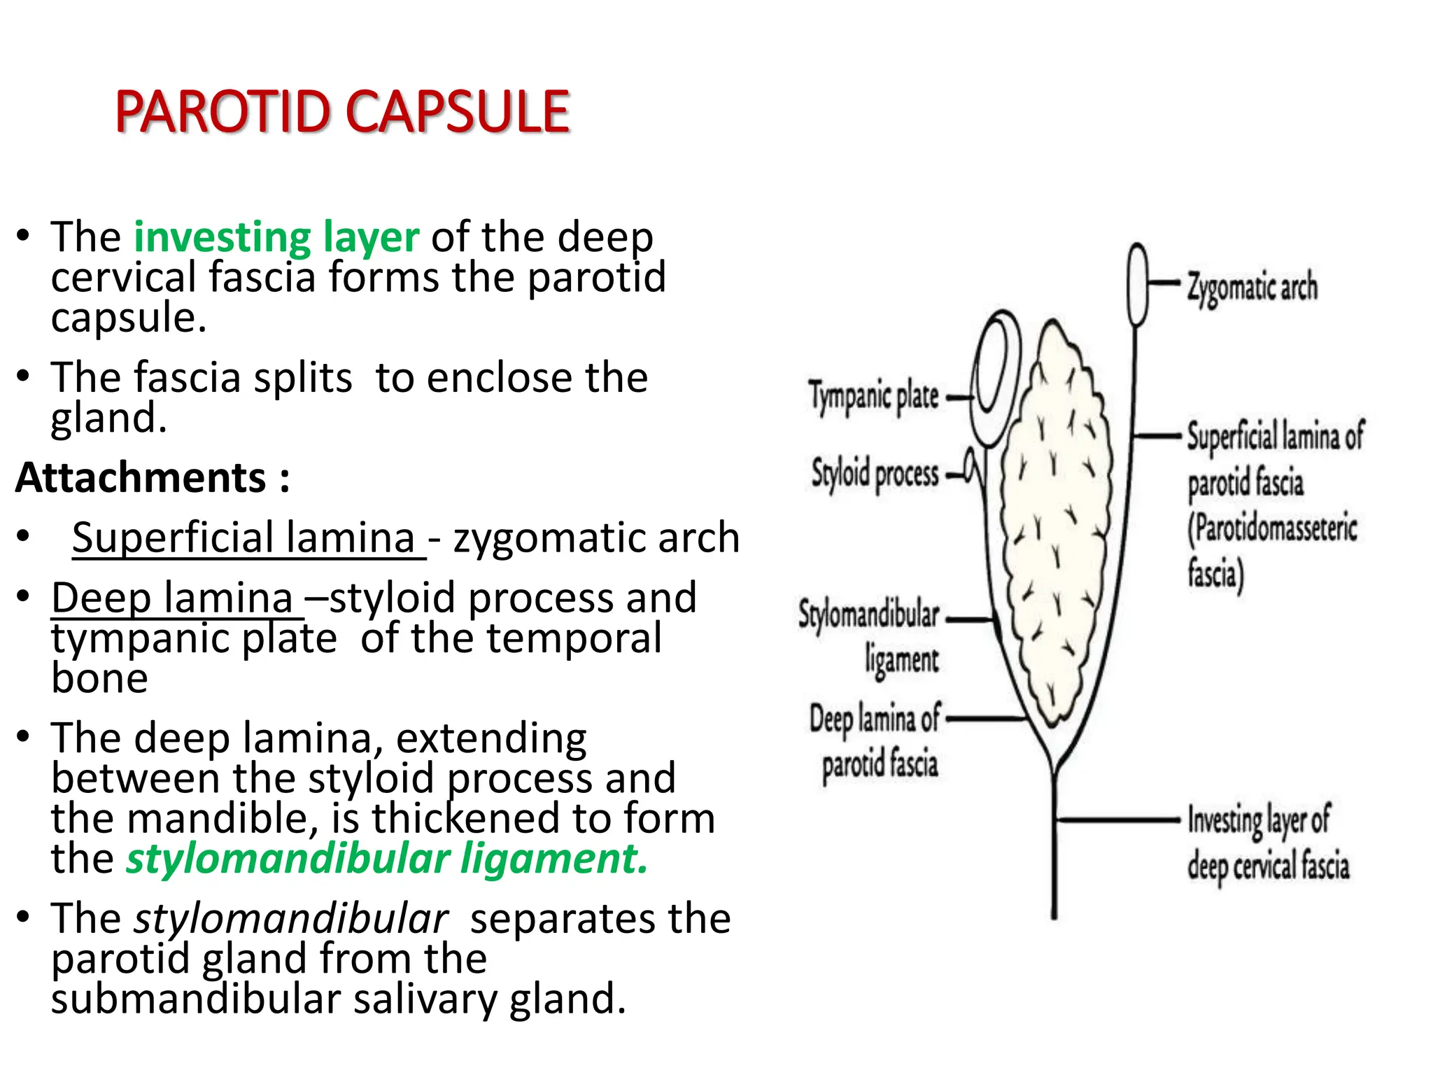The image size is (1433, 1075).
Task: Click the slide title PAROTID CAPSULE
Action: click(342, 112)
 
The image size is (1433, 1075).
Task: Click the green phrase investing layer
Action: click(276, 237)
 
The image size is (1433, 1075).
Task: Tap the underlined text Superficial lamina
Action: click(245, 538)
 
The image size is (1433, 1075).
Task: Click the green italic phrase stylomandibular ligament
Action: click(386, 859)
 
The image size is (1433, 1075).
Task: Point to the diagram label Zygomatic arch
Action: click(1252, 287)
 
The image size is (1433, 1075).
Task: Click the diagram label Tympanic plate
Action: click(873, 396)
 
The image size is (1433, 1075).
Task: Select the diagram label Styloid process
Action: click(875, 474)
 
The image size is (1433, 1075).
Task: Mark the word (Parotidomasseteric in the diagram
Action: click(1272, 528)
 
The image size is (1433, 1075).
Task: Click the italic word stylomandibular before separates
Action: click(291, 919)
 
